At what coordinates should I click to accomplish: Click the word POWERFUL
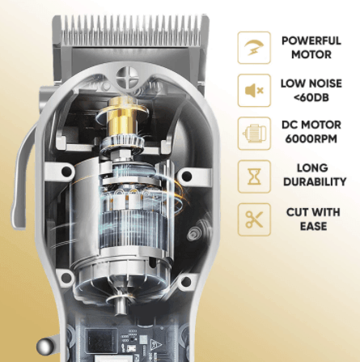[306, 40]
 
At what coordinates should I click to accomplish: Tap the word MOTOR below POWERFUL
[306, 54]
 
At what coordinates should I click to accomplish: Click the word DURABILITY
[306, 183]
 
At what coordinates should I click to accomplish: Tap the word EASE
[306, 226]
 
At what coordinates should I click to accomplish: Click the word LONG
[306, 168]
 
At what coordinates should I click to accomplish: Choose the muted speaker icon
[254, 90]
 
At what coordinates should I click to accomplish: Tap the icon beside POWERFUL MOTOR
[254, 47]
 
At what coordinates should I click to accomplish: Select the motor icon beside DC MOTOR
[254, 133]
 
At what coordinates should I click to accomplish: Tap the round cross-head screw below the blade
[126, 82]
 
